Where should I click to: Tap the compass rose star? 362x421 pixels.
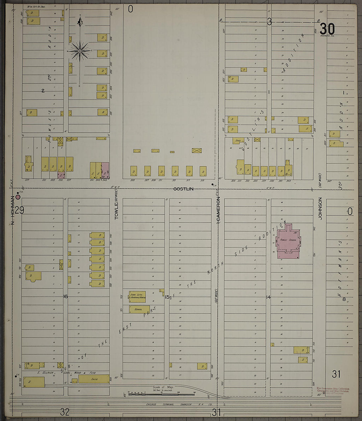pyautogui.click(x=80, y=51)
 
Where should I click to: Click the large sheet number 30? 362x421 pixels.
pyautogui.click(x=327, y=29)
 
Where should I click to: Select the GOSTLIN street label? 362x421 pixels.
pyautogui.click(x=183, y=189)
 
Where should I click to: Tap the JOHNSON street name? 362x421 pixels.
pyautogui.click(x=320, y=208)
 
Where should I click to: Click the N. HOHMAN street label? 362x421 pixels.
pyautogui.click(x=13, y=210)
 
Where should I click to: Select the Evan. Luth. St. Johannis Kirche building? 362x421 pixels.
pyautogui.click(x=137, y=297)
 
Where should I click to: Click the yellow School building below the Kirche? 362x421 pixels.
pyautogui.click(x=139, y=309)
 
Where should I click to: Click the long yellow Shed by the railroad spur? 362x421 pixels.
pyautogui.click(x=94, y=379)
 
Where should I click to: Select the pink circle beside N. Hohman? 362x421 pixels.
pyautogui.click(x=18, y=197)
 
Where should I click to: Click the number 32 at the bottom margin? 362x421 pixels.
pyautogui.click(x=65, y=411)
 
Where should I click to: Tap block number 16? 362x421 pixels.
pyautogui.click(x=65, y=297)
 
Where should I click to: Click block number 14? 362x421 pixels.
pyautogui.click(x=268, y=297)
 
